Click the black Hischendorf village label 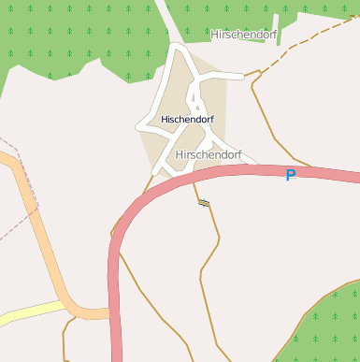(x=188, y=120)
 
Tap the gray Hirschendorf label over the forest (x=244, y=34)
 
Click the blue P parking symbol (x=290, y=175)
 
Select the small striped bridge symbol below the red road (x=203, y=202)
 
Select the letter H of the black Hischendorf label (x=165, y=120)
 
